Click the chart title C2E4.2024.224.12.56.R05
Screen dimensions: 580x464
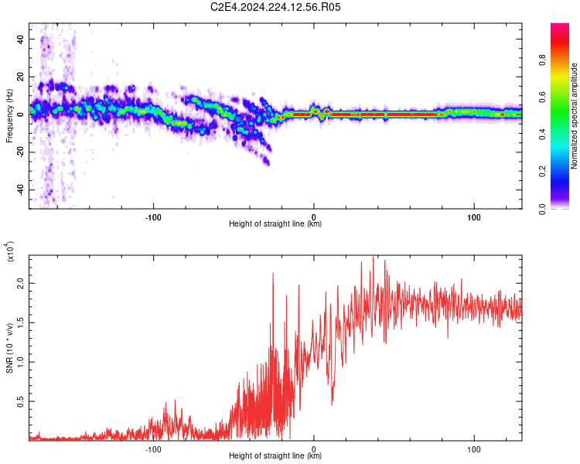click(x=275, y=7)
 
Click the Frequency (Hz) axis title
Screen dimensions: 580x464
click(x=9, y=116)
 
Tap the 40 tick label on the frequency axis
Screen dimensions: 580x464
click(x=21, y=39)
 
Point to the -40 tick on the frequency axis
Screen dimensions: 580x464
click(x=21, y=190)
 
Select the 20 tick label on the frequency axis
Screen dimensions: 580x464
click(x=21, y=77)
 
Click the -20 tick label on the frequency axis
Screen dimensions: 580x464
click(x=21, y=152)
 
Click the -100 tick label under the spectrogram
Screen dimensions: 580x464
click(x=153, y=217)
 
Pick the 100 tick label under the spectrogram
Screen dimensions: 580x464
click(x=474, y=217)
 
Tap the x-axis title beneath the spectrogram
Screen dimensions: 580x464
click(x=275, y=223)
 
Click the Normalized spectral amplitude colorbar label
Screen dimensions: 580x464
click(x=574, y=116)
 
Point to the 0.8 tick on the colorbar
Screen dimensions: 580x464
click(x=542, y=60)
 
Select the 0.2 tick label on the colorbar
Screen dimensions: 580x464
click(x=542, y=172)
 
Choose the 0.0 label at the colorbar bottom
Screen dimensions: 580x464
click(x=542, y=209)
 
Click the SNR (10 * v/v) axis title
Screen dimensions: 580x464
click(x=9, y=348)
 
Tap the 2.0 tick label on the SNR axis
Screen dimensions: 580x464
click(x=21, y=284)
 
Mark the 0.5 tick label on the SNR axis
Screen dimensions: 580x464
click(x=21, y=401)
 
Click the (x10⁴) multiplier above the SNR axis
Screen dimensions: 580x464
click(x=9, y=251)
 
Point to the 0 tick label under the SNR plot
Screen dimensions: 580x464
click(x=314, y=449)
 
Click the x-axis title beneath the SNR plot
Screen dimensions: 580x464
click(x=275, y=455)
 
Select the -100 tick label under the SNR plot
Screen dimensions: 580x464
click(x=153, y=449)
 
